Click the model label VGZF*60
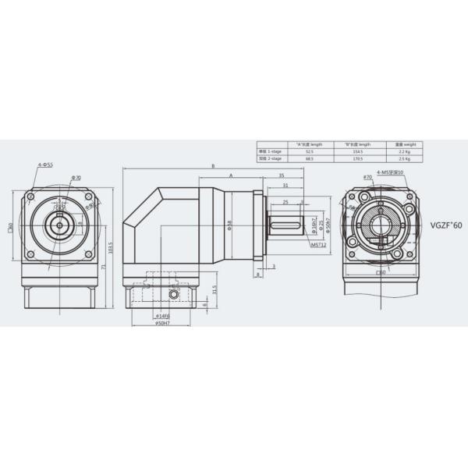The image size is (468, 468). (445, 224)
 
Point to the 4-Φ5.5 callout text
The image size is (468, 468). (45, 165)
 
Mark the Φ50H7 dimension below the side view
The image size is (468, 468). (163, 323)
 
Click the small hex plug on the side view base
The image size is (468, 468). (172, 295)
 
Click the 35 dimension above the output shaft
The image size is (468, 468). (279, 176)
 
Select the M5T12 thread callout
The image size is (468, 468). (318, 245)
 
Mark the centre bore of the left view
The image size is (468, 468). (60, 224)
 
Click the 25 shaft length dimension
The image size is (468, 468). (286, 201)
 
